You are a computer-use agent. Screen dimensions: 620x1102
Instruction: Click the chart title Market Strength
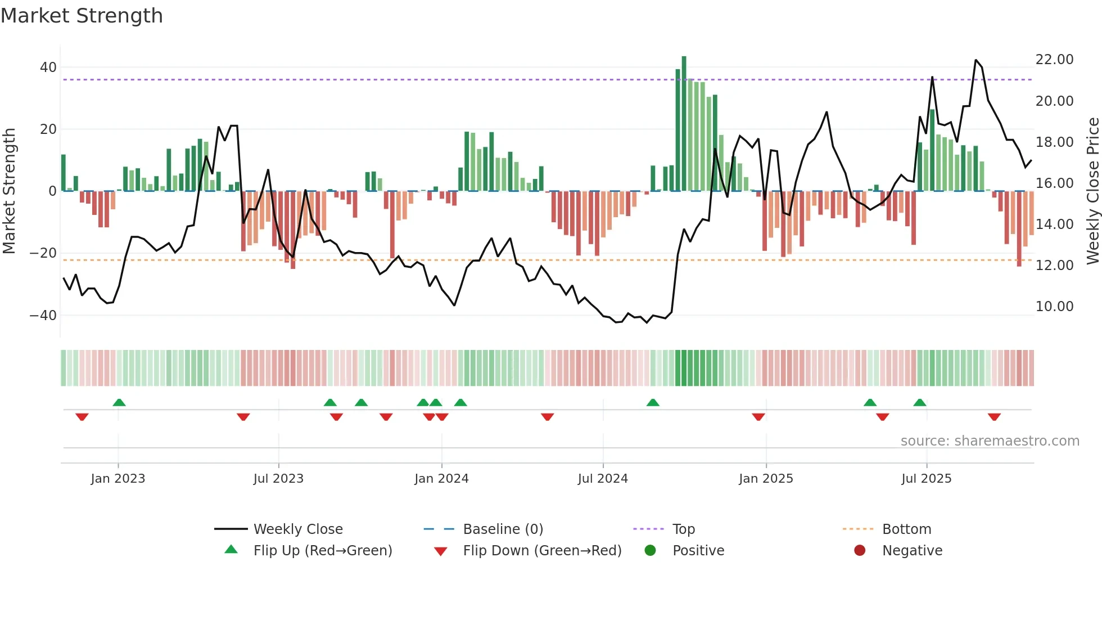click(82, 16)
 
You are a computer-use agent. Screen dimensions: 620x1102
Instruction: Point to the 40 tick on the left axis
click(48, 68)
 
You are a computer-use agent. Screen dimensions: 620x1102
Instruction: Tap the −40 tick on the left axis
click(43, 315)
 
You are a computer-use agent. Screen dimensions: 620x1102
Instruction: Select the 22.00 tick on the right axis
click(1054, 60)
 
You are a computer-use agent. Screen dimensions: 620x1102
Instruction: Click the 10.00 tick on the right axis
click(1054, 307)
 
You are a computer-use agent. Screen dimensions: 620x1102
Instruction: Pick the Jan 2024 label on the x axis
click(441, 479)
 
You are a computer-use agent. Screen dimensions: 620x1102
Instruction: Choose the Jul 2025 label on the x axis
click(926, 479)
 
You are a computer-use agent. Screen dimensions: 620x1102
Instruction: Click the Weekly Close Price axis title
click(1092, 191)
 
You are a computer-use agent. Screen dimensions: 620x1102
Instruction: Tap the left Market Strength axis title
click(10, 191)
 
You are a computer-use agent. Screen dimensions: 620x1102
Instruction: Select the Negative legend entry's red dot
click(860, 551)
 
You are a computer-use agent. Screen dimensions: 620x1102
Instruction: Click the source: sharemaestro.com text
click(990, 441)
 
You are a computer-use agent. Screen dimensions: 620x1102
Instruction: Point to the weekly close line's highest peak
click(976, 60)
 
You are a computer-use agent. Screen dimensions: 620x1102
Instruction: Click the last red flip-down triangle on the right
click(994, 417)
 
